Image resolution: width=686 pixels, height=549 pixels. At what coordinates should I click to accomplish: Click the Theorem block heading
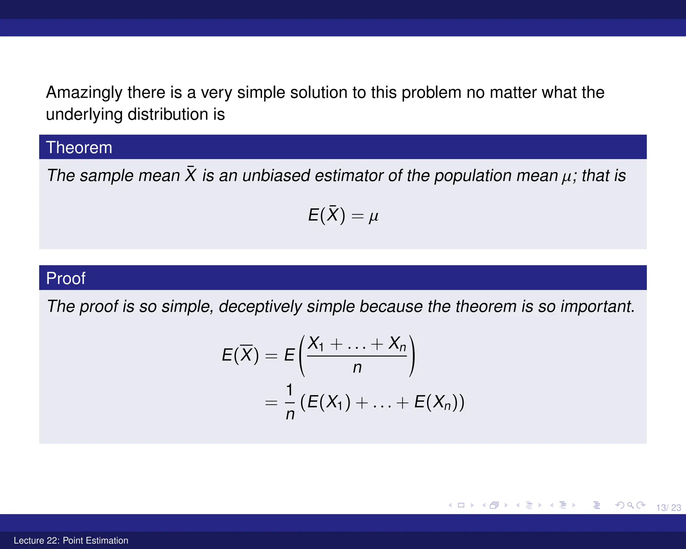point(79,147)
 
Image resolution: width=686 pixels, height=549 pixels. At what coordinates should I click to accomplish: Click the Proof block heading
point(66,278)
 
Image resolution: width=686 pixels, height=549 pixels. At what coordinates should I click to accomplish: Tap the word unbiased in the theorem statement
point(276,176)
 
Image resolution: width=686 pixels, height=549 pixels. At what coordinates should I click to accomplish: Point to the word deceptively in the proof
point(260,306)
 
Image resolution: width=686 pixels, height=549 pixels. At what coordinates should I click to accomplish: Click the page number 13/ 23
point(668,508)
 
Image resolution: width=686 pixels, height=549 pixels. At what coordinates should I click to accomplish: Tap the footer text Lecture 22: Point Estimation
point(71,540)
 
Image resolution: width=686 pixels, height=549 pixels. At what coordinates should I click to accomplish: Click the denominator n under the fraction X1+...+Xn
point(357,368)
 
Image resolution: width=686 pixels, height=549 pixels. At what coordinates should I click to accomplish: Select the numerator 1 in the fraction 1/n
point(289,390)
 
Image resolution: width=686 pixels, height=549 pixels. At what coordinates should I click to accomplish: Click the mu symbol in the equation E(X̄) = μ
point(373,216)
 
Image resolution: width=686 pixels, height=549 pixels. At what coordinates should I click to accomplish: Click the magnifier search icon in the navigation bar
point(630,505)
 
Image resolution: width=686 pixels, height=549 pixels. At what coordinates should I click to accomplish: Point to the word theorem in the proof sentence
point(485,306)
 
